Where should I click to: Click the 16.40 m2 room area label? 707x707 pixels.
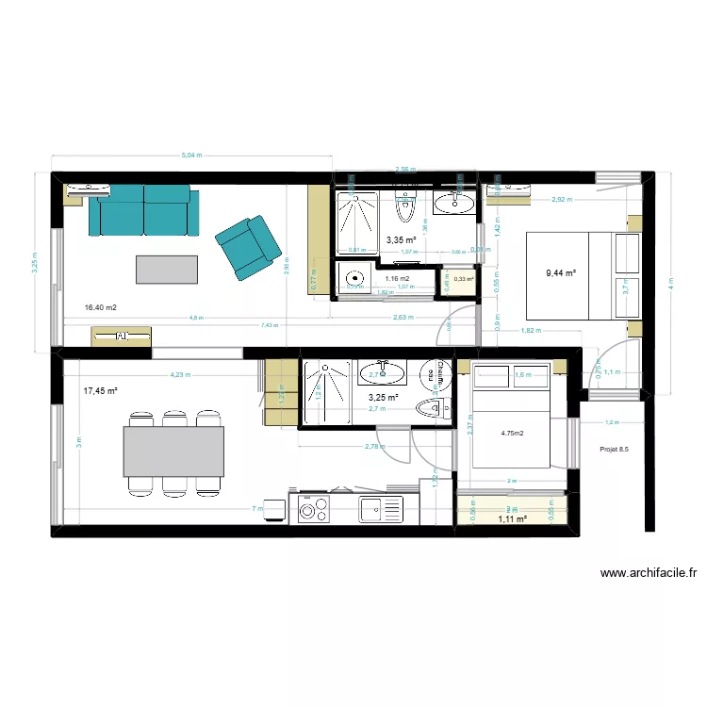point(100,307)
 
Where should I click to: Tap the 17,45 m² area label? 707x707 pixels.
point(100,390)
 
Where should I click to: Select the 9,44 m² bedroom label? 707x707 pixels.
point(560,274)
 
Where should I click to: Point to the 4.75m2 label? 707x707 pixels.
point(513,434)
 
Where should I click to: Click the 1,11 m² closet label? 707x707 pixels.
point(511,518)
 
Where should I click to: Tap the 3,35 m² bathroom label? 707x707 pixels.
point(402,240)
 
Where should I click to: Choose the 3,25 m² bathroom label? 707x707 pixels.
point(383,398)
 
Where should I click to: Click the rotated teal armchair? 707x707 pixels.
point(248,246)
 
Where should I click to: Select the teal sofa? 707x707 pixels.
point(146,210)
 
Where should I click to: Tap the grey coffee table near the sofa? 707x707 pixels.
point(167,269)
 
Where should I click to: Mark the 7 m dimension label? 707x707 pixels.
point(255,509)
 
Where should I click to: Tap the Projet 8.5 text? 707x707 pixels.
point(614,450)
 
